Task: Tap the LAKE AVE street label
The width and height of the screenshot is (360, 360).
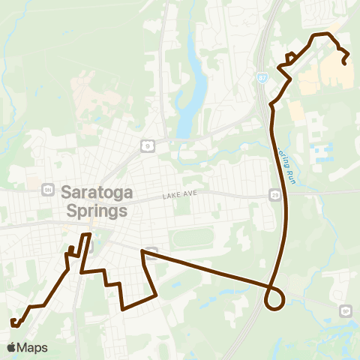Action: point(178,196)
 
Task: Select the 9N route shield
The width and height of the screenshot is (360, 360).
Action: point(48,189)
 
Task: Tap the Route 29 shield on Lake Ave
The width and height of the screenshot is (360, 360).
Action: point(275,195)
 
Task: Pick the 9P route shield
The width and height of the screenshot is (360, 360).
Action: point(346,310)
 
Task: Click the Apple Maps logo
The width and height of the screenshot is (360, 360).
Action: point(27,347)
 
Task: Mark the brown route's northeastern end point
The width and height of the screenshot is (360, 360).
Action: point(344,63)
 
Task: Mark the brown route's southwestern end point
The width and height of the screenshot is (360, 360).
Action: point(13,324)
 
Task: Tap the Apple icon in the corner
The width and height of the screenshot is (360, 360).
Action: point(11,347)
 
